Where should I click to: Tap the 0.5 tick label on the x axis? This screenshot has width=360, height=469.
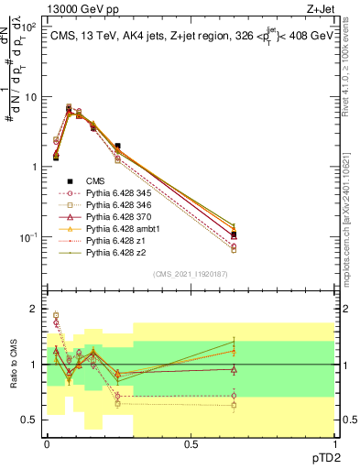click(x=190, y=443)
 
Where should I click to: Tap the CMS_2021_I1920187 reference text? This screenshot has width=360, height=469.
click(x=190, y=274)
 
